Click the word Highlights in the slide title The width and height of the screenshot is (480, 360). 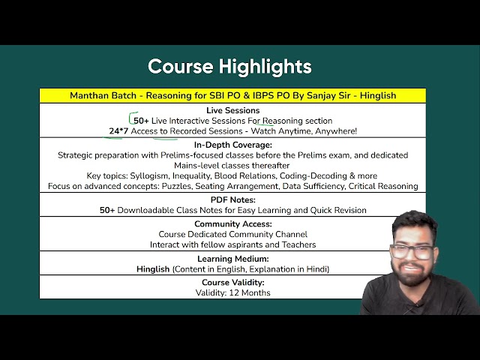[265, 67]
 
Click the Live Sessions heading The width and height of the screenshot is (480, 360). [233, 110]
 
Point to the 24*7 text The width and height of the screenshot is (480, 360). [118, 131]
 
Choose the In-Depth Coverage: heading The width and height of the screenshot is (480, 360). [233, 145]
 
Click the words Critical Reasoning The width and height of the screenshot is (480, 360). [383, 186]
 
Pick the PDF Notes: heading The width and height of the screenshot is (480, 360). [233, 200]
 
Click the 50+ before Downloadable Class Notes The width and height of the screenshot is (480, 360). [107, 210]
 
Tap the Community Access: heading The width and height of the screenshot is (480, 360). [233, 223]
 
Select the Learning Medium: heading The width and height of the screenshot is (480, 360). [233, 259]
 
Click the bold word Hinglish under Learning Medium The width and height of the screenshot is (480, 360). [153, 269]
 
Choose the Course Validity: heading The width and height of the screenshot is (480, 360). [233, 282]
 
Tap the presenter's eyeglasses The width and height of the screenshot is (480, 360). [412, 252]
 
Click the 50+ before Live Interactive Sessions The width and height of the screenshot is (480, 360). [141, 121]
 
